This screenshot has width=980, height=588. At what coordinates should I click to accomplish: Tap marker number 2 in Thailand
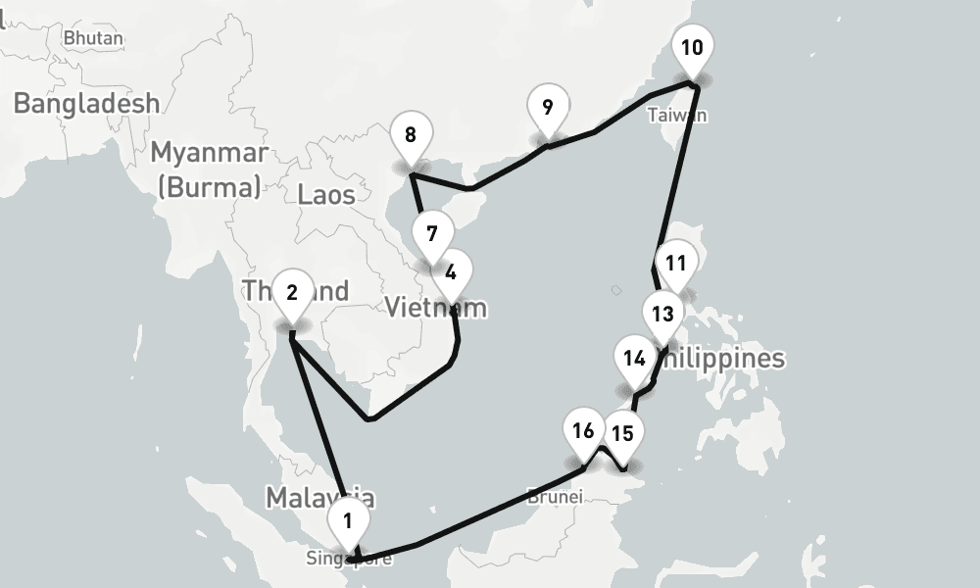click(292, 291)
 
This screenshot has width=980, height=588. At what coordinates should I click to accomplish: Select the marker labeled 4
click(451, 271)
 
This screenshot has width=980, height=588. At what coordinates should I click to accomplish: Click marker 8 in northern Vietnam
click(410, 135)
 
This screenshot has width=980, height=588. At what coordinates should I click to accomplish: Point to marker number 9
click(547, 107)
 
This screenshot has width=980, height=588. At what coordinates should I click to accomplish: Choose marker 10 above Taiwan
click(691, 47)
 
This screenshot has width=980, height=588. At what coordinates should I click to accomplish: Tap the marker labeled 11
click(674, 263)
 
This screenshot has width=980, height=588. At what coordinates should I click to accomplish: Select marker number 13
click(662, 314)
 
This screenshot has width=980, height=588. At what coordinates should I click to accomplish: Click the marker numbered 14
click(634, 357)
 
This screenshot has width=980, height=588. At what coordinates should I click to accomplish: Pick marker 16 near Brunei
click(583, 430)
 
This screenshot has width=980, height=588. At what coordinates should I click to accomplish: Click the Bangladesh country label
click(86, 103)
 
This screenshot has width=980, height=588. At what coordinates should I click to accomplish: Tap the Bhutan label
click(93, 38)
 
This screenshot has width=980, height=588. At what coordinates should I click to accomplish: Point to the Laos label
click(326, 194)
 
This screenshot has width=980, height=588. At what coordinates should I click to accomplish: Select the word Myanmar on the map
click(209, 153)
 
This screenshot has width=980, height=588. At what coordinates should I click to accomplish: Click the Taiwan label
click(676, 116)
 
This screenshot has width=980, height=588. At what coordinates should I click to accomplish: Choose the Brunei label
click(555, 496)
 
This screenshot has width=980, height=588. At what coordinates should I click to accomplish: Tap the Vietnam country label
click(435, 308)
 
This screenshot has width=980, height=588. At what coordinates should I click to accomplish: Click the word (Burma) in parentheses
click(209, 185)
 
